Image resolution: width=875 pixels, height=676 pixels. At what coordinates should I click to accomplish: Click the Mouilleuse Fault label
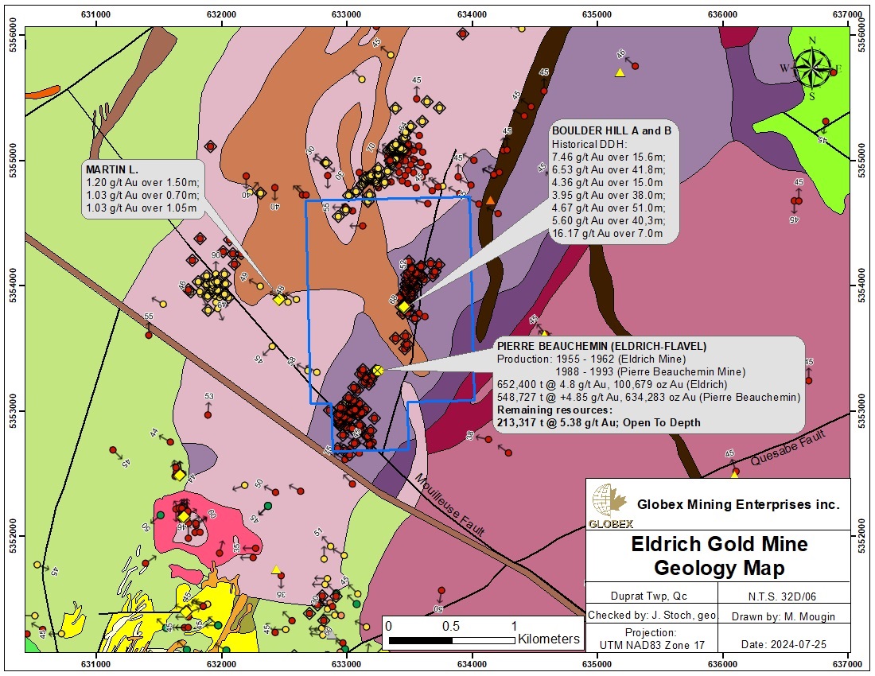pyautogui.click(x=449, y=504)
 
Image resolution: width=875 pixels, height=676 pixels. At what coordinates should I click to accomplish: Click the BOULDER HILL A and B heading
pyautogui.click(x=612, y=130)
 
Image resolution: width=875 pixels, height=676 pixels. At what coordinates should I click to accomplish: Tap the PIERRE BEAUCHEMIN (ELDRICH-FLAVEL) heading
pyautogui.click(x=601, y=346)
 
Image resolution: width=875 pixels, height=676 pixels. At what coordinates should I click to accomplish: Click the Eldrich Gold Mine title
pyautogui.click(x=718, y=544)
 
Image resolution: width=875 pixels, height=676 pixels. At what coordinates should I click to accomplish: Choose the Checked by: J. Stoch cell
pyautogui.click(x=651, y=616)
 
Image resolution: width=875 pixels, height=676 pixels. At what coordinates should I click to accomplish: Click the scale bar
pyautogui.click(x=451, y=639)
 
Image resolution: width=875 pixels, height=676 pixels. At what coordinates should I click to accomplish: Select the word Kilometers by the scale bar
pyautogui.click(x=549, y=639)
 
